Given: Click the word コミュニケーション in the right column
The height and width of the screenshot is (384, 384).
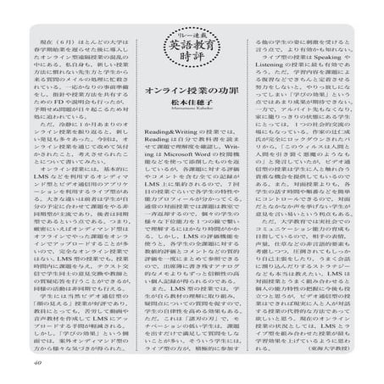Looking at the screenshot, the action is [311, 253].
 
